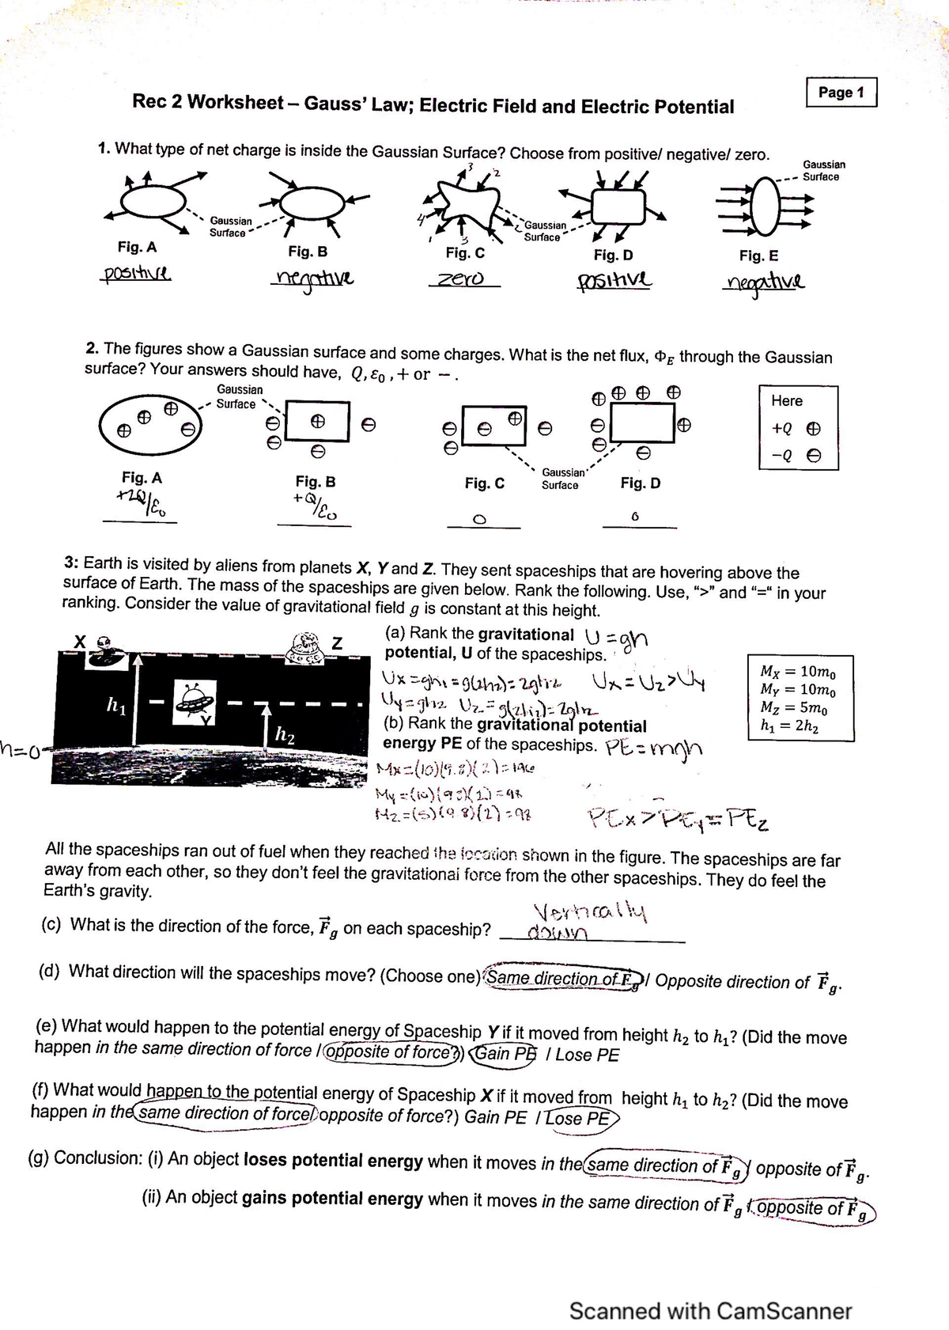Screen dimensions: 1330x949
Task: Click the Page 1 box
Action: [841, 93]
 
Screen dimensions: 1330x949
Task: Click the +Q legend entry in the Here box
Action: [796, 428]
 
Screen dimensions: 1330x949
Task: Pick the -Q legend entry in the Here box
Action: [796, 456]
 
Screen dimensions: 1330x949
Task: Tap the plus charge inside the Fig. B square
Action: [316, 422]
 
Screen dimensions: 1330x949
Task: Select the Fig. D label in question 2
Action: [640, 483]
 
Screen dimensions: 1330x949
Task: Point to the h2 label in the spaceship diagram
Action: [284, 735]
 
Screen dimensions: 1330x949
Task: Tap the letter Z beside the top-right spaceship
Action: [337, 642]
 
